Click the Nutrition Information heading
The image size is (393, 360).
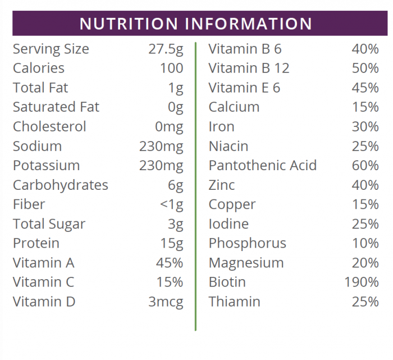point(196,24)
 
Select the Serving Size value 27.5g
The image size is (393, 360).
point(166,49)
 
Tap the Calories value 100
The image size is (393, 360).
point(171,69)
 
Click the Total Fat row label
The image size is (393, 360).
point(40,88)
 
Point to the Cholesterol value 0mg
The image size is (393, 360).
point(168,127)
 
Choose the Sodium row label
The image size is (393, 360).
point(37,147)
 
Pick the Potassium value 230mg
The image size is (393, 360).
point(161,166)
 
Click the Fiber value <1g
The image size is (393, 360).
point(171,204)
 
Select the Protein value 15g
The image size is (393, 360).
point(171,243)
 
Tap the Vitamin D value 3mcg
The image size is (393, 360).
point(166,302)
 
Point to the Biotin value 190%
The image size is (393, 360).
point(362,282)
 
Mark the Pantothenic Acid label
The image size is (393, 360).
point(262,166)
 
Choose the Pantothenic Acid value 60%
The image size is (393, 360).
point(365,166)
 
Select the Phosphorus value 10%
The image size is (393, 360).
point(365,243)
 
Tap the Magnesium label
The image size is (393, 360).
point(246,263)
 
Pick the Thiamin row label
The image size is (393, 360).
point(234,302)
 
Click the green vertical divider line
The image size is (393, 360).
point(195,185)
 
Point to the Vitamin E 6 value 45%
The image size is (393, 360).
point(365,88)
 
